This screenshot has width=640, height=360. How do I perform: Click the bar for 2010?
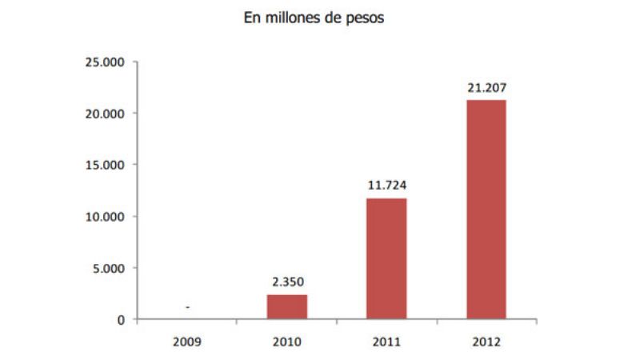pos(286,307)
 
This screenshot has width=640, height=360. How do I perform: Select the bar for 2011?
pos(386,259)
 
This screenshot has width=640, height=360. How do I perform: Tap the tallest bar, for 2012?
pos(486,210)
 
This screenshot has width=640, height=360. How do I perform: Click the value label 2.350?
pos(286,282)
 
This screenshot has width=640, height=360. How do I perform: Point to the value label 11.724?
pos(386,185)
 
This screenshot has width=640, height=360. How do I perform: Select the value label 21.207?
pos(486,86)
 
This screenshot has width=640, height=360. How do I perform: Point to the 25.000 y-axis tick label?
pos(108,62)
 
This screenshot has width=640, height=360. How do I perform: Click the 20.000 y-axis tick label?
pos(108,114)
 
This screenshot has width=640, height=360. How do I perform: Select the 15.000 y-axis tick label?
pos(108,165)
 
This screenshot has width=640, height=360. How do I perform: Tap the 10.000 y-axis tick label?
pos(108,217)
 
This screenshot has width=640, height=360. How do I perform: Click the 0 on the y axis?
pos(122,320)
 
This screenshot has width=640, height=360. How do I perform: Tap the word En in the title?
pos(253,18)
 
